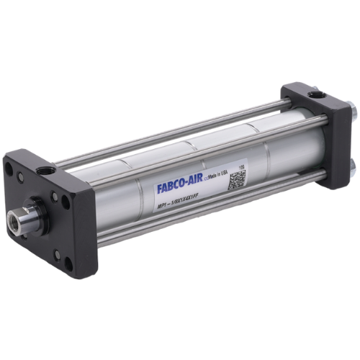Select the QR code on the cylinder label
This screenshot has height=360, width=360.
coord(238,180)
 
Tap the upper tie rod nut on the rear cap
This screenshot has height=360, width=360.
coord(352,110)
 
